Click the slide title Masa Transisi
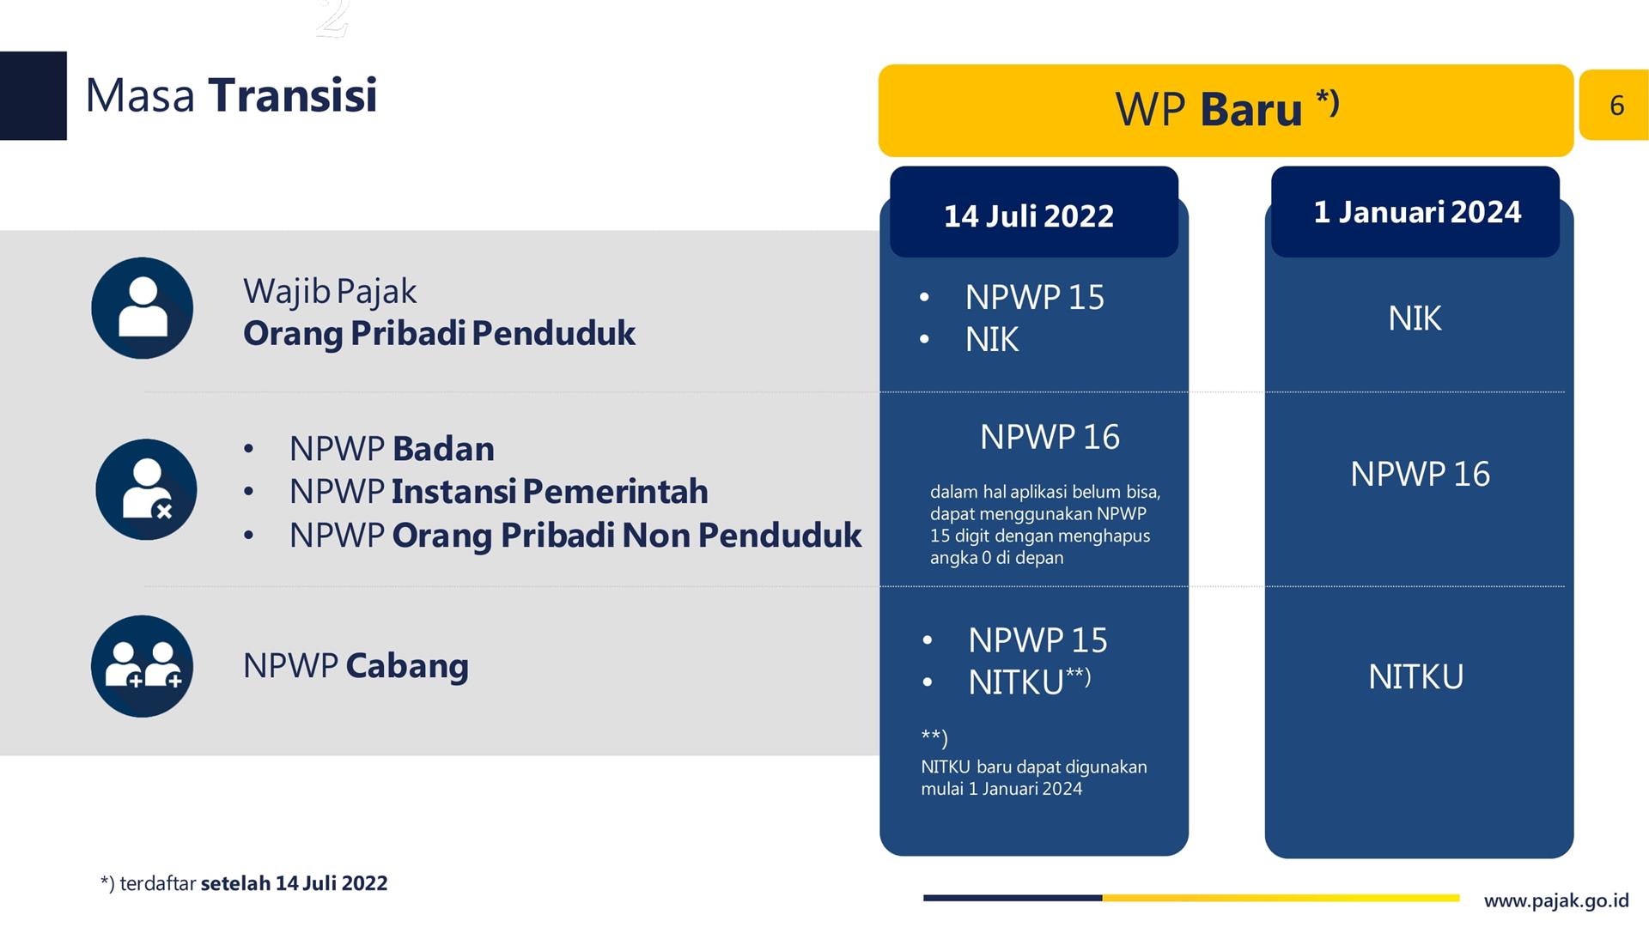click(231, 95)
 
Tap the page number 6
click(1616, 105)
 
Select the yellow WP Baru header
click(1226, 111)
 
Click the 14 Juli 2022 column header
click(1034, 213)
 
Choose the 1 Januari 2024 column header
click(1415, 212)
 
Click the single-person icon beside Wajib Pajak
click(143, 308)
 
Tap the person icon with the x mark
click(146, 489)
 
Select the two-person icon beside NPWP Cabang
click(143, 666)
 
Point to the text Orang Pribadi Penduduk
click(439, 333)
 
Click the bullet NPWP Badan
click(392, 449)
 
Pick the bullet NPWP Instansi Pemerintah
click(498, 492)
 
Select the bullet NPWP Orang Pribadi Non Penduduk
click(575, 536)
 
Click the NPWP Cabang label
click(356, 666)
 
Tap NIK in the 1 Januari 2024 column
click(1415, 318)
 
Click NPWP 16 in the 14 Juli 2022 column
click(1050, 437)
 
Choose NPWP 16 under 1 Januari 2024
click(1420, 474)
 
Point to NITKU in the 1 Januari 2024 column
click(1415, 677)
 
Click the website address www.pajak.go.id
click(1556, 900)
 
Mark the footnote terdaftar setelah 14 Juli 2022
click(244, 883)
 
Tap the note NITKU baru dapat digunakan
click(1034, 766)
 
